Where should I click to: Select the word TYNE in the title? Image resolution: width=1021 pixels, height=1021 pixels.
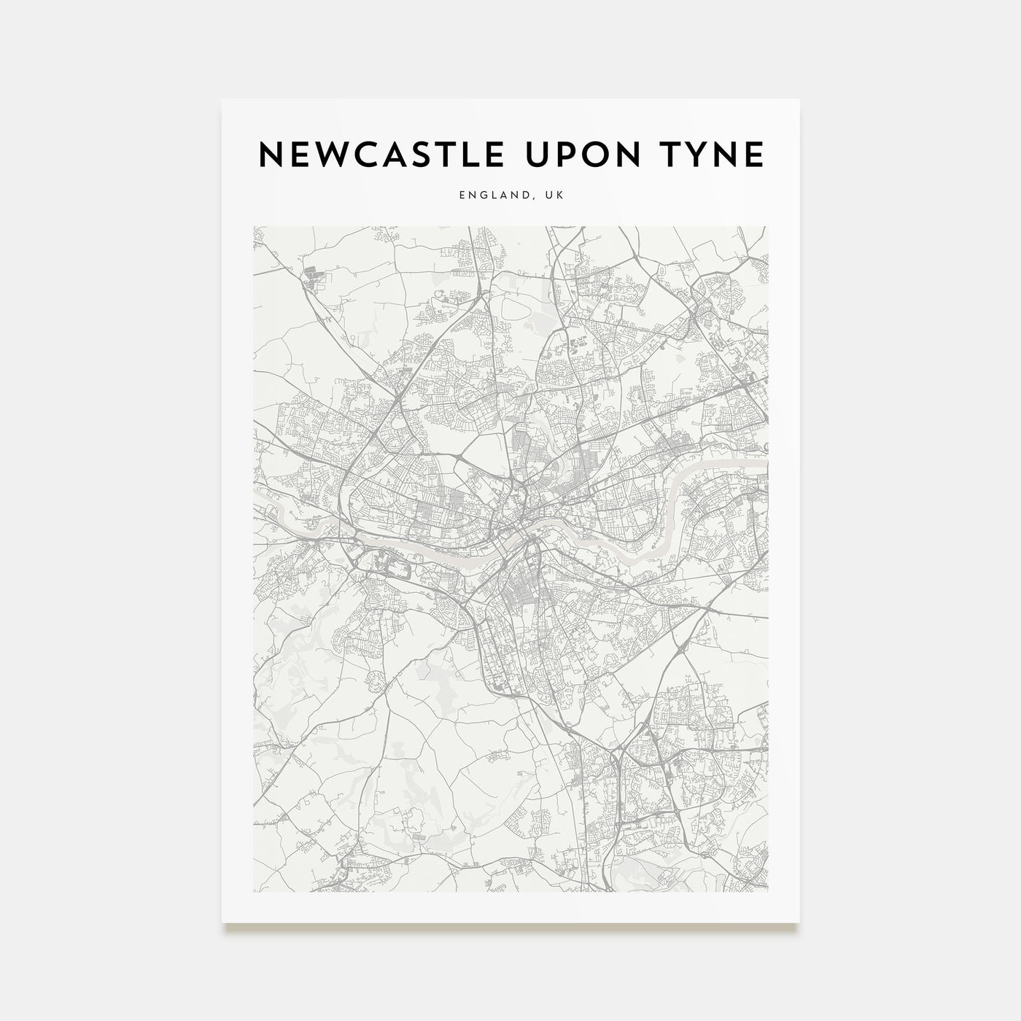710,155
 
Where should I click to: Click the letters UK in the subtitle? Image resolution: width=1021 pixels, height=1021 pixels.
555,195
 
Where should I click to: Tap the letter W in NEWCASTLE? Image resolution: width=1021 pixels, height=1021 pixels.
328,155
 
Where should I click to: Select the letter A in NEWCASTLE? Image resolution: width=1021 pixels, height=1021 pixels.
392,155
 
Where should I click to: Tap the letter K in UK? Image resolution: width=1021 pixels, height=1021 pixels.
560,195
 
